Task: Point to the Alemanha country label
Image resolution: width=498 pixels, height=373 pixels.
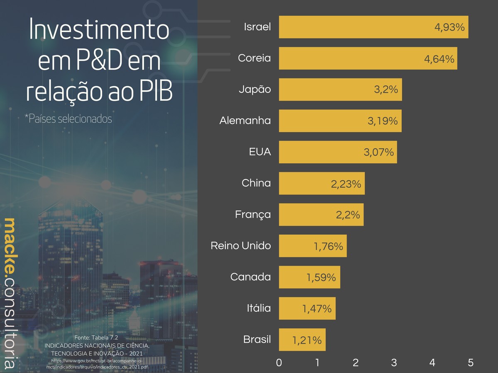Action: [x=245, y=121]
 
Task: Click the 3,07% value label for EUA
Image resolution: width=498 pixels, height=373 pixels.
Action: [x=378, y=152]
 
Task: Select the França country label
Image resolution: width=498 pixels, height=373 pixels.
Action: [x=253, y=215]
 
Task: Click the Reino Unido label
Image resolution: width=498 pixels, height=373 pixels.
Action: [x=241, y=246]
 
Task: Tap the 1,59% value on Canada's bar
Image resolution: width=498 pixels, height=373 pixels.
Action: [x=321, y=277]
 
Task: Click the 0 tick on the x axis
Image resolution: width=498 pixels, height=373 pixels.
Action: [x=279, y=363]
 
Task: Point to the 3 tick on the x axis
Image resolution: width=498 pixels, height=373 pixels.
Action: [x=394, y=363]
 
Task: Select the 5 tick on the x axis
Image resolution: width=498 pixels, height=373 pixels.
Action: [x=471, y=363]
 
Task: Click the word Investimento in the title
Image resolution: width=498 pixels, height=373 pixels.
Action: [x=99, y=30]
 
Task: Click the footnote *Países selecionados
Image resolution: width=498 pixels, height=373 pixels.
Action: [x=68, y=119]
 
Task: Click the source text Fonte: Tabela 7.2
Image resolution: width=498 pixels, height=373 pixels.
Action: [x=96, y=338]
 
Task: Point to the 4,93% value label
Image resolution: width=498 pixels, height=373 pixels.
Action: [x=449, y=27]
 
